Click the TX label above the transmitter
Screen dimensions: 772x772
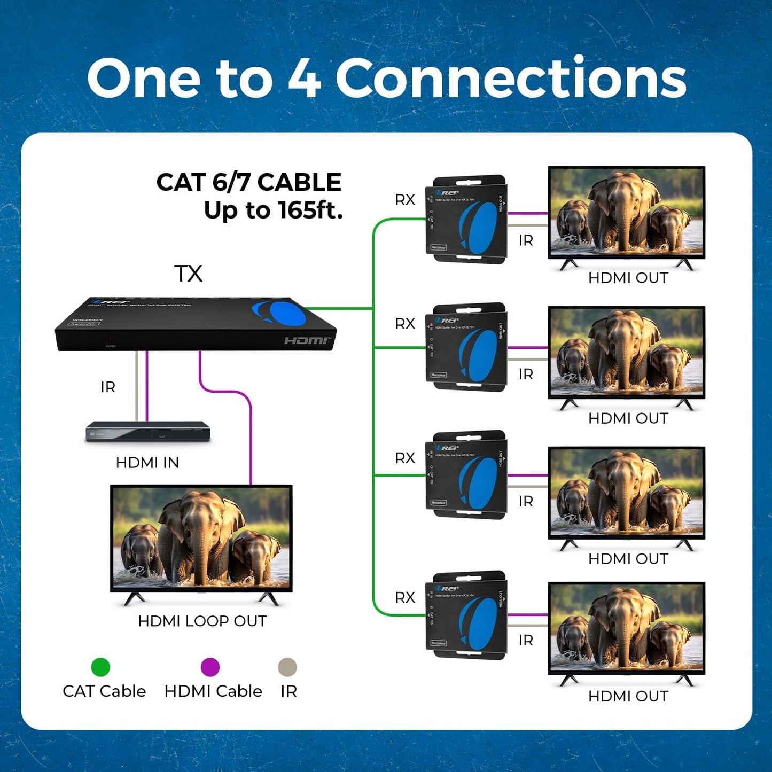pyautogui.click(x=189, y=274)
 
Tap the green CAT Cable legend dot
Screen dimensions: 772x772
pyautogui.click(x=100, y=667)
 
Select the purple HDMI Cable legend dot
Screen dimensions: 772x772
pyautogui.click(x=210, y=667)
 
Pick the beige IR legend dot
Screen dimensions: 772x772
pyautogui.click(x=287, y=667)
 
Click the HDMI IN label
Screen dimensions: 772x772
pyautogui.click(x=147, y=463)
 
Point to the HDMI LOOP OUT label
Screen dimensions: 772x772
pyautogui.click(x=202, y=621)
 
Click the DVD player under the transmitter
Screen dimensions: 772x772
pyautogui.click(x=148, y=432)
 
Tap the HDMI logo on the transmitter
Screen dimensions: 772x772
pyautogui.click(x=307, y=341)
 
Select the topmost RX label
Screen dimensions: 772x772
pyautogui.click(x=405, y=200)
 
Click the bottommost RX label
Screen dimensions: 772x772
pyautogui.click(x=405, y=597)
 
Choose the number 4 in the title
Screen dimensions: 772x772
pyautogui.click(x=305, y=79)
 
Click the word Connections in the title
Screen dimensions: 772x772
pyautogui.click(x=510, y=79)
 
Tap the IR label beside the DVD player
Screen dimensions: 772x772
pyautogui.click(x=108, y=387)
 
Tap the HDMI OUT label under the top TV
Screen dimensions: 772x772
pyautogui.click(x=628, y=278)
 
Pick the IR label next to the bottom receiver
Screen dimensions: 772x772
pyautogui.click(x=526, y=640)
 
